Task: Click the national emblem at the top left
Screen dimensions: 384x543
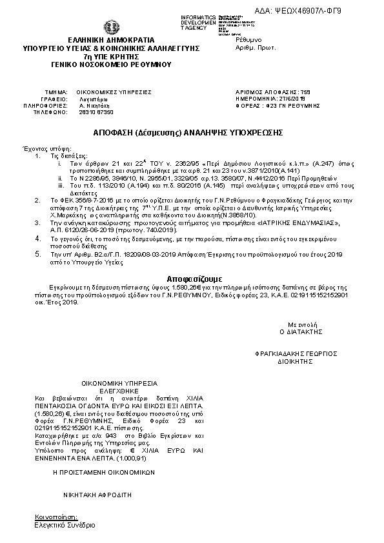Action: [x=111, y=27]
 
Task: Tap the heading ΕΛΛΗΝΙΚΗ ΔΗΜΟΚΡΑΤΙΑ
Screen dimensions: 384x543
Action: [x=111, y=40]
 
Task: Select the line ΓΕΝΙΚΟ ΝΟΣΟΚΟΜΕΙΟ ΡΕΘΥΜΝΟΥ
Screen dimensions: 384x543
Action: [x=111, y=64]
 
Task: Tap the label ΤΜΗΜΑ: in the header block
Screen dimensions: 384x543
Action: [x=57, y=92]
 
